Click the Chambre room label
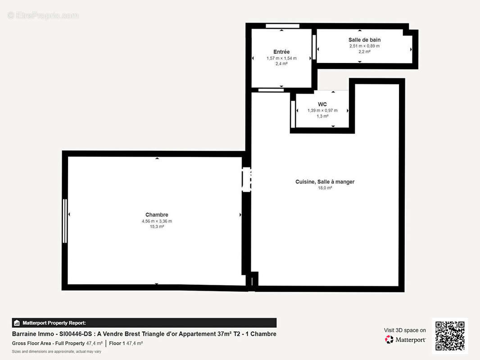157,215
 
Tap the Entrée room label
281,52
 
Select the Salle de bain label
364,40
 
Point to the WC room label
322,104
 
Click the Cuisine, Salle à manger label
325,181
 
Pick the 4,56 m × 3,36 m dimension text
157,221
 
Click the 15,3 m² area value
157,227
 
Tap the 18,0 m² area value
325,188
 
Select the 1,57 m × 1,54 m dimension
281,58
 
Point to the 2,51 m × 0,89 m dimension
364,46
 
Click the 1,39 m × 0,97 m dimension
322,110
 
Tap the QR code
450,336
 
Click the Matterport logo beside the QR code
405,340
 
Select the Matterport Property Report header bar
144,323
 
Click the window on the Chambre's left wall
65,220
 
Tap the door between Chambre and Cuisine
246,180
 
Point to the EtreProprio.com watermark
43,16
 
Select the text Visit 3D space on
405,330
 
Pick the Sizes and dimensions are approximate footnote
56,351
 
